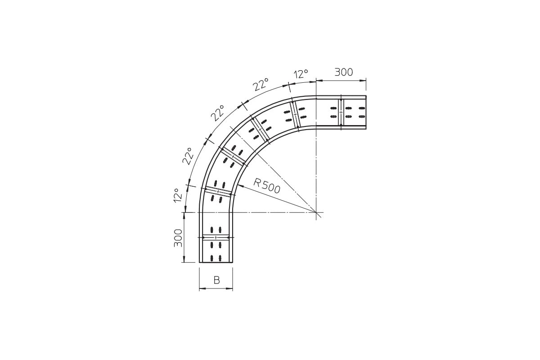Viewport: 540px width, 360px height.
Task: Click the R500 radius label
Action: [267, 186]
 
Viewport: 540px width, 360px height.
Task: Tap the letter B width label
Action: [216, 280]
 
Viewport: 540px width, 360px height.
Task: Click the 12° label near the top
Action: [301, 74]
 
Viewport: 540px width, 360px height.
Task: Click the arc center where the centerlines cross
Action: [316, 212]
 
